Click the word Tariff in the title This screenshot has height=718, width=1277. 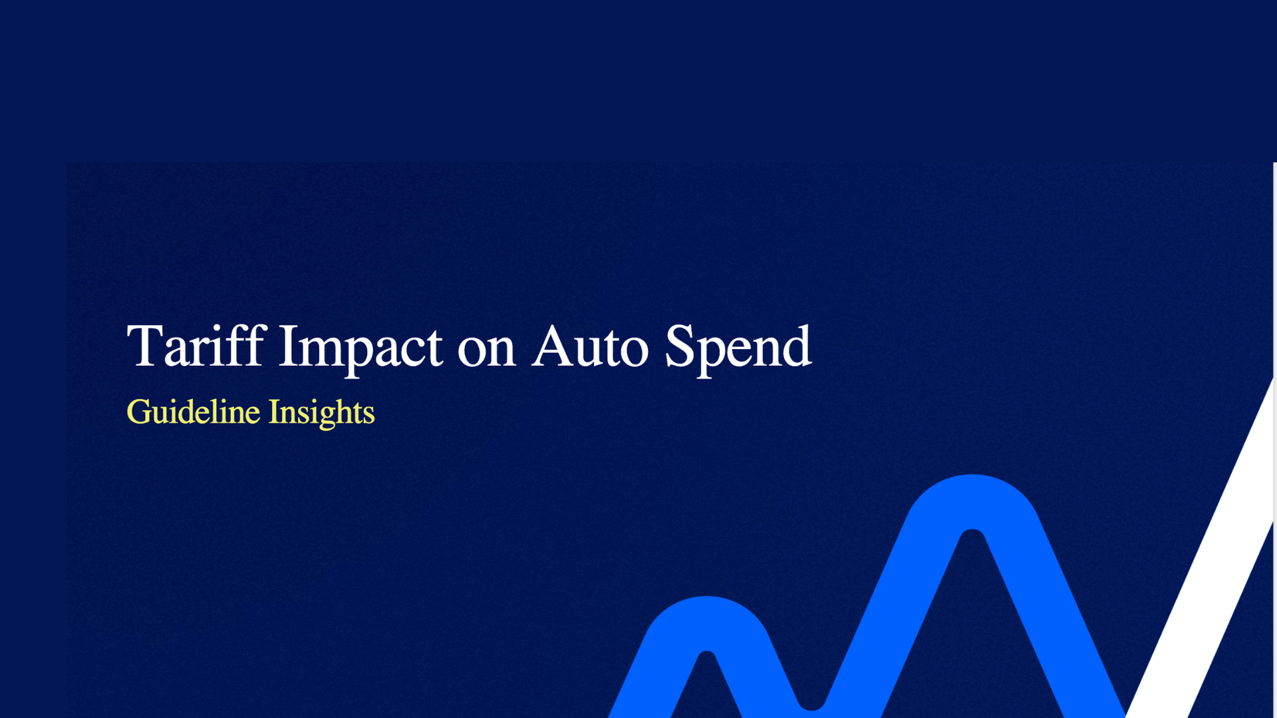197,347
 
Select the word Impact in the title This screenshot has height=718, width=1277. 360,347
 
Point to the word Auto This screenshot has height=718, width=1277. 590,347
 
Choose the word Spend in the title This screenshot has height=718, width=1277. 738,347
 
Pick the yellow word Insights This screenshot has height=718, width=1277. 322,412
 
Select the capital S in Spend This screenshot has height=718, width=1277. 679,346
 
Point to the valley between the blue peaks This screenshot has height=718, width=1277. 811,698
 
